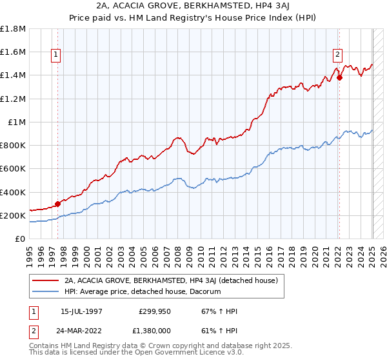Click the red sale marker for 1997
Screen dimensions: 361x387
[57, 204]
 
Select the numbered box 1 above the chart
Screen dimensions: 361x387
[57, 55]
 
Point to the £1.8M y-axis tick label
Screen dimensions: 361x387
[13, 29]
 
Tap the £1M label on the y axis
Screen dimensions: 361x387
[16, 122]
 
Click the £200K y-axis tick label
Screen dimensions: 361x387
[13, 215]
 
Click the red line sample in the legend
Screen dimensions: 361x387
[46, 280]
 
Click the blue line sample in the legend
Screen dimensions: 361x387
[46, 292]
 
